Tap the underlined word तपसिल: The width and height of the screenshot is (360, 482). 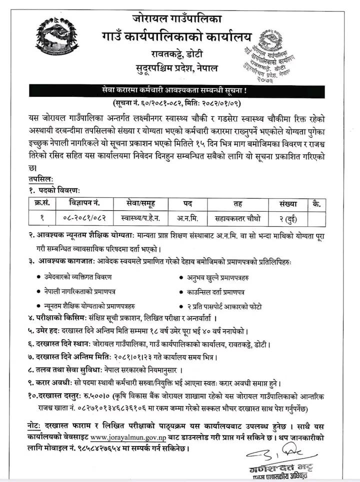coord(40,178)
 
